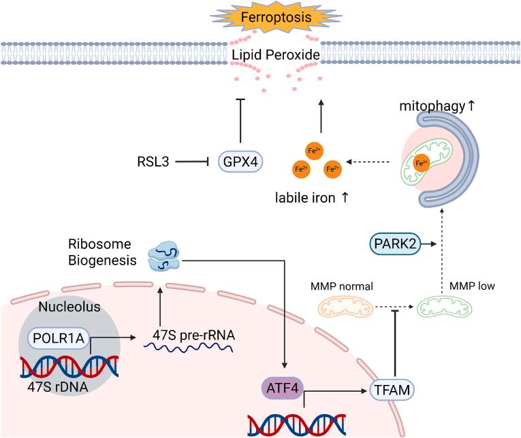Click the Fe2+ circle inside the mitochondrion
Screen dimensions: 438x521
422,163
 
